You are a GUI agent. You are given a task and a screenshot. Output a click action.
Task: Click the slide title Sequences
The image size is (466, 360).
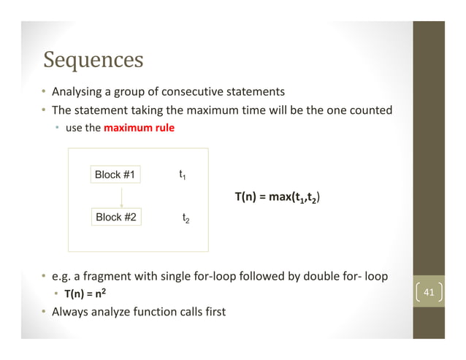tap(93, 58)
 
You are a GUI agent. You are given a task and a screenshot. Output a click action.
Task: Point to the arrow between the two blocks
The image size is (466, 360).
tap(121, 196)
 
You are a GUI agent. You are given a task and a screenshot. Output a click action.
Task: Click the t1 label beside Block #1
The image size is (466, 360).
tap(183, 175)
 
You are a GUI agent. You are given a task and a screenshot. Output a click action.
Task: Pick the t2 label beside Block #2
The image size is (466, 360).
tap(186, 218)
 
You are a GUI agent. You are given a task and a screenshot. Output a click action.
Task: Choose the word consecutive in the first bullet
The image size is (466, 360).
tap(199, 92)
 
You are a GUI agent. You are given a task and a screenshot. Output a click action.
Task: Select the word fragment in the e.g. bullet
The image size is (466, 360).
tap(107, 277)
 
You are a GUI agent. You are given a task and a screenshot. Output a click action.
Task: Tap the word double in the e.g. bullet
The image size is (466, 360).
tap(303, 277)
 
